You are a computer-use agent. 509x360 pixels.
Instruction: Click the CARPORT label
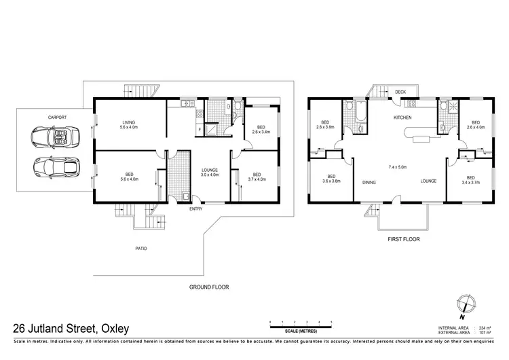(x=56, y=117)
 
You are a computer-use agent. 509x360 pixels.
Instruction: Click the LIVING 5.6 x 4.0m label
(x=128, y=124)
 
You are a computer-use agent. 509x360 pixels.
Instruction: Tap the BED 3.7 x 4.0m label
(x=254, y=177)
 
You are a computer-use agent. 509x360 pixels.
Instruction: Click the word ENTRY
(x=196, y=209)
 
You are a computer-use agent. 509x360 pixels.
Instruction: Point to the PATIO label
(x=140, y=248)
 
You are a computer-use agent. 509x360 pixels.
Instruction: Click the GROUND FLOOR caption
(x=208, y=287)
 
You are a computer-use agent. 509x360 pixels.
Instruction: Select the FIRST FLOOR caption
(x=404, y=240)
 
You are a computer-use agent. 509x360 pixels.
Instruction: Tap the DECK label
(x=400, y=92)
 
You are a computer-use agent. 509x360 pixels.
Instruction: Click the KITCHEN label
(x=404, y=118)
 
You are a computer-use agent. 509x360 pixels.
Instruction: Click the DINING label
(x=370, y=181)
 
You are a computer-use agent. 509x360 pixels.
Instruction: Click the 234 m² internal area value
(x=485, y=327)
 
